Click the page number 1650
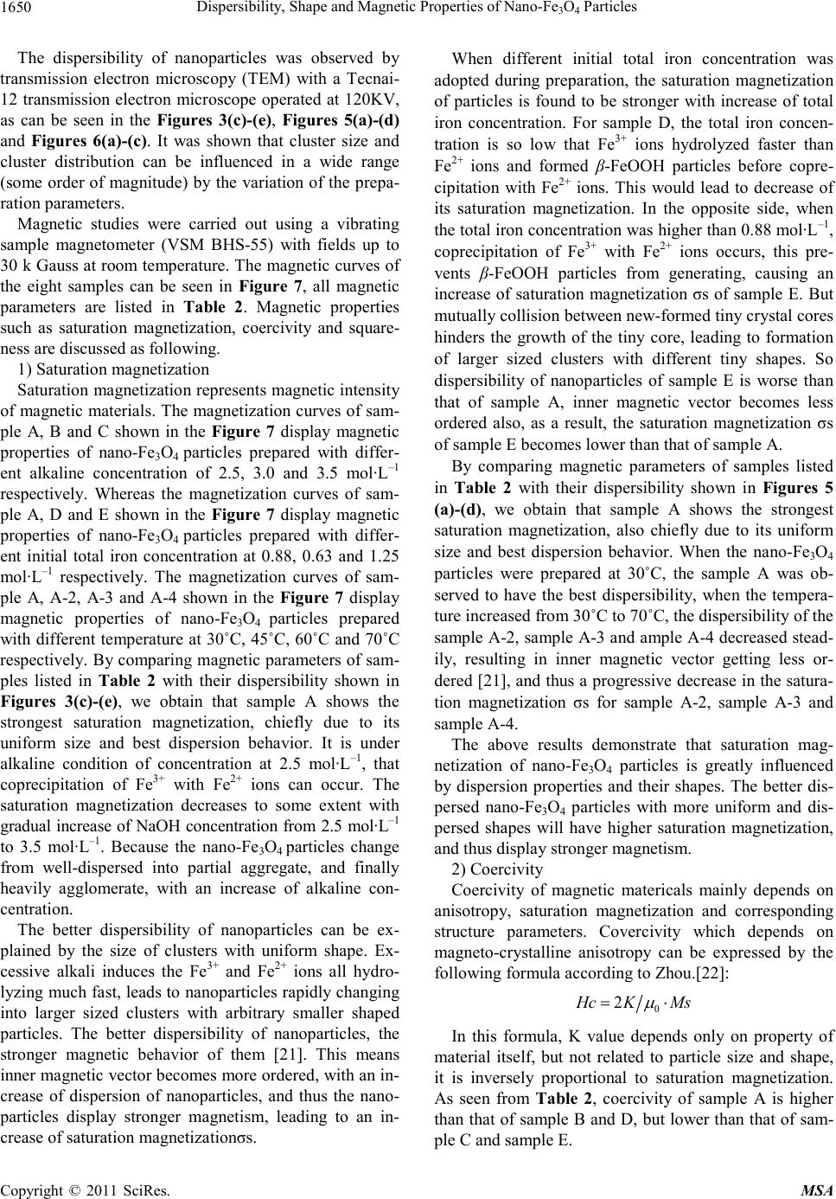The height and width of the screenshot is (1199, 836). click(17, 9)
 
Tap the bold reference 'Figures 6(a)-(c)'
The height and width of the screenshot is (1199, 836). click(82, 143)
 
